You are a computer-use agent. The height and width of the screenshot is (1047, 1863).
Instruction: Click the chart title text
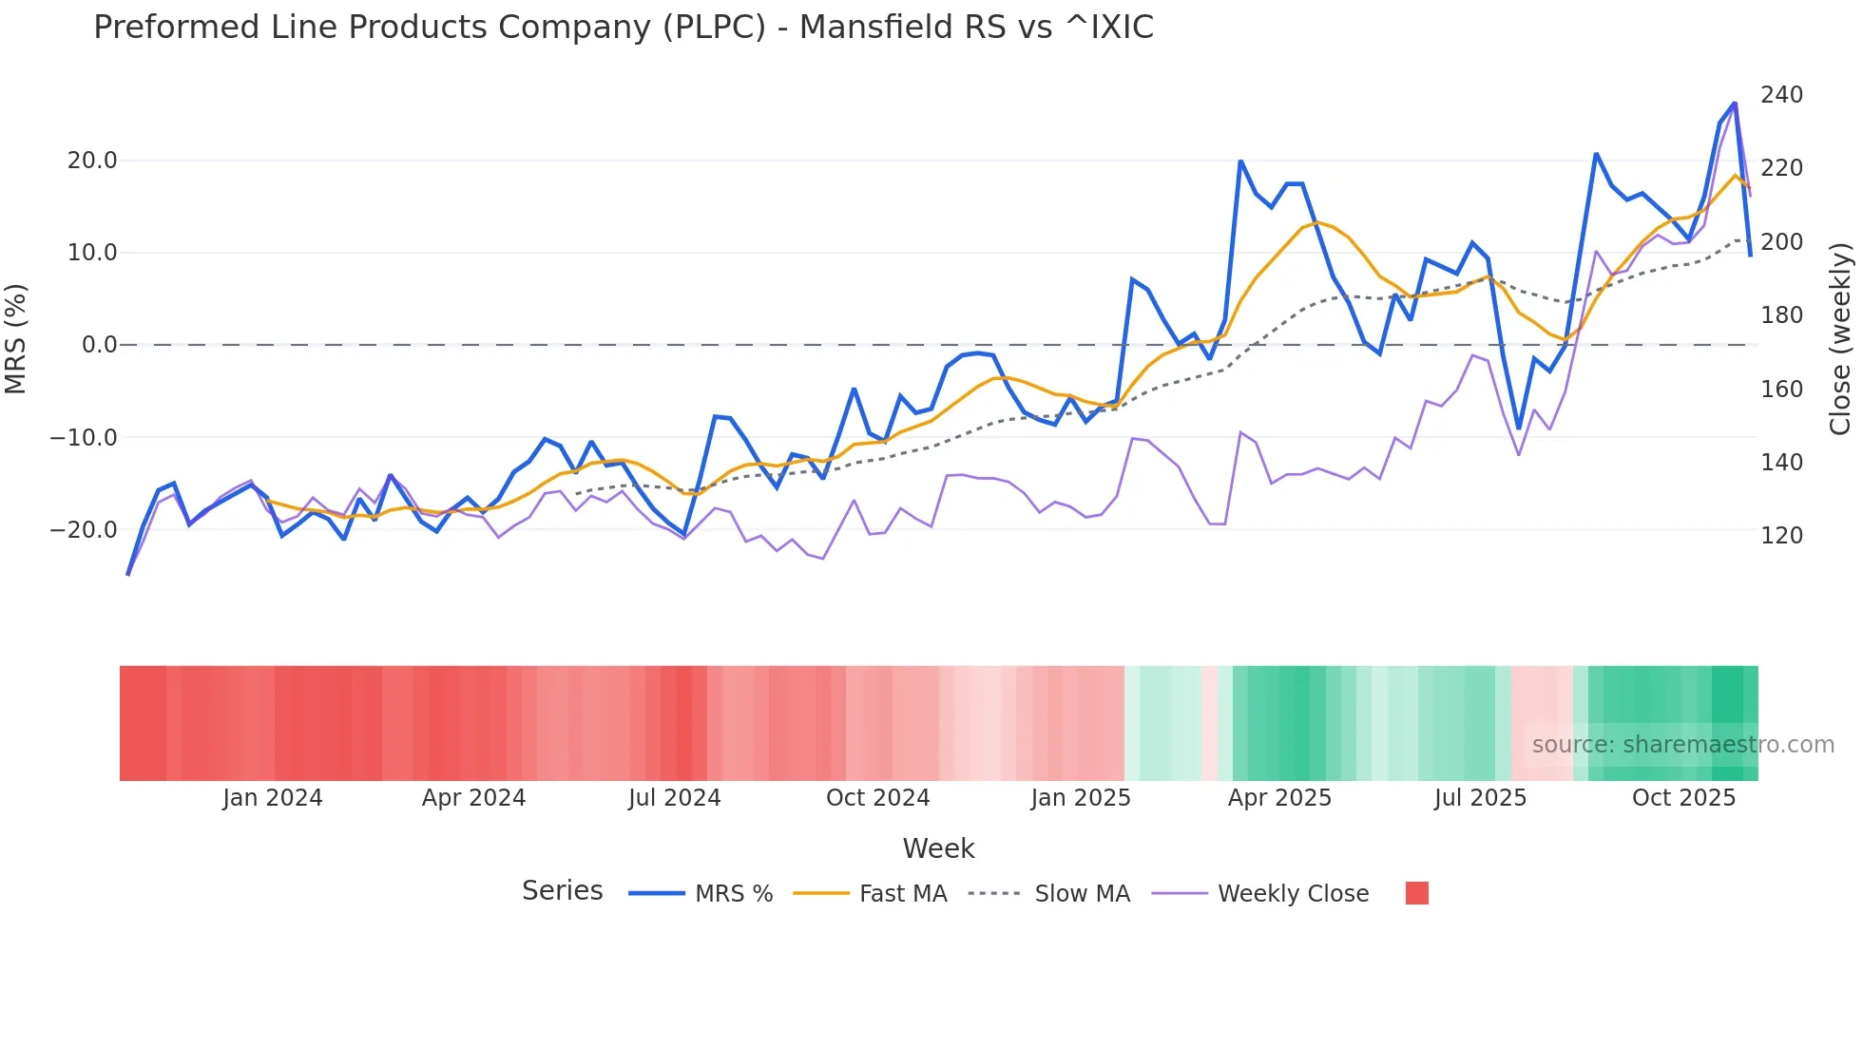[624, 28]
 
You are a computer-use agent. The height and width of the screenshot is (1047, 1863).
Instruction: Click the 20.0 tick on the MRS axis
[92, 161]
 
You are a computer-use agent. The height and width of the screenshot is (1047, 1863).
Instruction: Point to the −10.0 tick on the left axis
[84, 438]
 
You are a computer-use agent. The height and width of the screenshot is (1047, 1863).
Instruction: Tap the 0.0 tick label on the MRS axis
[100, 345]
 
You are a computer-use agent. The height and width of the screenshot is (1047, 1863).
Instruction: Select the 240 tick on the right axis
[1781, 95]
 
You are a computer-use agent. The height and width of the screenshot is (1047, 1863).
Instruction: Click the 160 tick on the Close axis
[1781, 390]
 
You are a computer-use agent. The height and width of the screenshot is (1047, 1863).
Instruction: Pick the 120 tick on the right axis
[1781, 536]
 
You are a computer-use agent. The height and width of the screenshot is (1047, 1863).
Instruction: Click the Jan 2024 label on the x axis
[273, 798]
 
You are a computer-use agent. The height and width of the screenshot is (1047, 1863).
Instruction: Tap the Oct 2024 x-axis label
[877, 798]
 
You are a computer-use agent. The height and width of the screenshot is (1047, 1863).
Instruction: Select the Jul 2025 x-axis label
[1480, 798]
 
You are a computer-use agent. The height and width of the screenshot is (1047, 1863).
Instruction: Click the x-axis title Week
[938, 848]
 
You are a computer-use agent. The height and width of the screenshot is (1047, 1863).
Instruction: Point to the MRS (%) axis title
[16, 339]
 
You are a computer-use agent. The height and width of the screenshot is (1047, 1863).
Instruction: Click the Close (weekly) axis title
[1840, 339]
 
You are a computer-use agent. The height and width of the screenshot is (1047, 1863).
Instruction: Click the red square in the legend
[1416, 893]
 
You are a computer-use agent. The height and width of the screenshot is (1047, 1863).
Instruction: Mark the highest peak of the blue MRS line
[1735, 104]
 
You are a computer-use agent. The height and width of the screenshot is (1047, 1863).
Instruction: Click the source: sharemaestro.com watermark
[1682, 745]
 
